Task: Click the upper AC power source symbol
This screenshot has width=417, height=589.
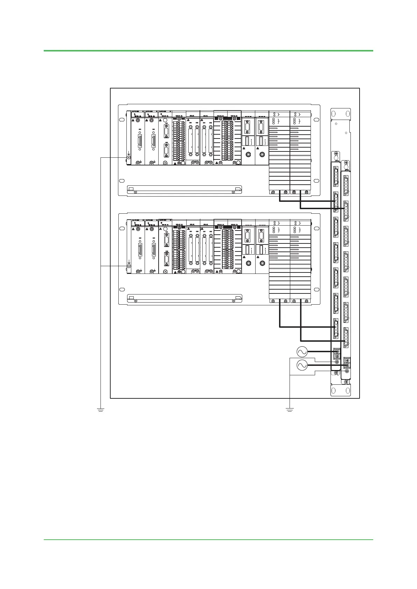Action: (x=302, y=351)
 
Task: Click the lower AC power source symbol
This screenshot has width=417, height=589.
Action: (x=302, y=365)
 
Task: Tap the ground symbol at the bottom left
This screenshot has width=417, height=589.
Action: (x=100, y=409)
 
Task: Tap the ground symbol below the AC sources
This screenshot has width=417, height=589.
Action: (x=290, y=409)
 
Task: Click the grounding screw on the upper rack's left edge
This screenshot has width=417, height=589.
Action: (x=128, y=157)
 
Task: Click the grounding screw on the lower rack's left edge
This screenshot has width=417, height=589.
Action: (x=128, y=266)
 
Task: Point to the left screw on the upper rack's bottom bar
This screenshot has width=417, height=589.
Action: (x=135, y=192)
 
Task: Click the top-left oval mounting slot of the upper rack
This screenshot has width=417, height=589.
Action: (x=121, y=120)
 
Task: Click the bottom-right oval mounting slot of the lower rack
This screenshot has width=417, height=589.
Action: (x=317, y=289)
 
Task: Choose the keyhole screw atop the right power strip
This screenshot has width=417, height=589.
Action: (x=346, y=163)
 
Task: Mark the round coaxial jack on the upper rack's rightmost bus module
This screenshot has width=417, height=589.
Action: (x=262, y=154)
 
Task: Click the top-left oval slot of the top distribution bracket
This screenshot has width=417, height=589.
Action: (x=334, y=114)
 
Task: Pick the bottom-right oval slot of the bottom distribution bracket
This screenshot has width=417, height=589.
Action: (x=347, y=390)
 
